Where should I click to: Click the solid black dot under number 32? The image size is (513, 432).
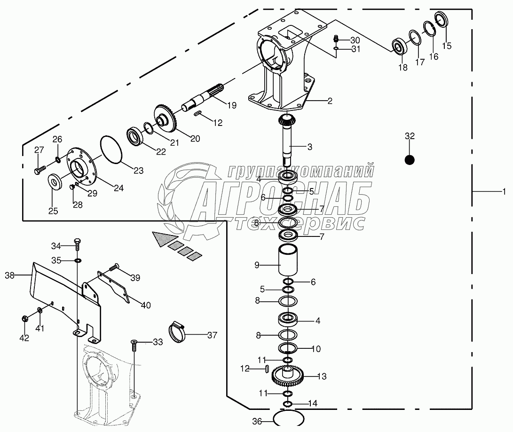410,160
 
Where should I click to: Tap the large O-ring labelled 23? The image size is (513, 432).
111,149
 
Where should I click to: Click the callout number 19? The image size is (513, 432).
230,105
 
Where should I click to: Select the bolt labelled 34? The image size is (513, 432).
77,244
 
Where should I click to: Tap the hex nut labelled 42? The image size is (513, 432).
24,319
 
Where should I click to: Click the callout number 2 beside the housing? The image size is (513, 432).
330,101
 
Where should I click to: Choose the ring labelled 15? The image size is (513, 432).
442,21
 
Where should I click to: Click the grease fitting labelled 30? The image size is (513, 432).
336,39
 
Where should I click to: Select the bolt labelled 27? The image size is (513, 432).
39,169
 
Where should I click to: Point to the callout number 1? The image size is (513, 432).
504,192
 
